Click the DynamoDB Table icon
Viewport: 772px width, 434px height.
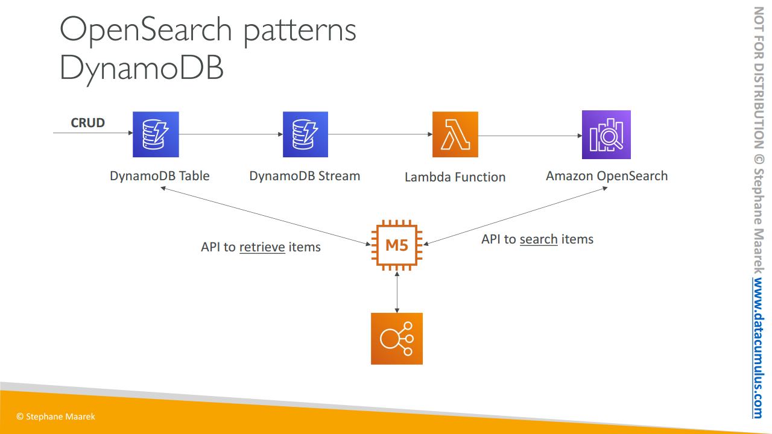coord(156,134)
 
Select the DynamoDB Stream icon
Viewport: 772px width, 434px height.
coord(305,134)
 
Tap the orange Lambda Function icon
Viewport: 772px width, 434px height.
coord(455,134)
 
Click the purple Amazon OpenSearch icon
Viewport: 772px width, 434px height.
coord(606,134)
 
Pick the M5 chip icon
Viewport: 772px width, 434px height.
coord(397,245)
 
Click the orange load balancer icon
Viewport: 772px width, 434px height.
coord(397,339)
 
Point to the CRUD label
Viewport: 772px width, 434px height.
coord(87,122)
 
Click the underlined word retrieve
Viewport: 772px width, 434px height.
coord(262,247)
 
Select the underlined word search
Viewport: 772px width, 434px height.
coord(539,239)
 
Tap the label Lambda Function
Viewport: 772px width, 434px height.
coord(455,177)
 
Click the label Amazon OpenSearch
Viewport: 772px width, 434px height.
coord(607,176)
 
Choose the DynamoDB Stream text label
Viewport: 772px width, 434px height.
coord(305,176)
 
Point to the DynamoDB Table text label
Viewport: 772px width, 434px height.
coord(160,176)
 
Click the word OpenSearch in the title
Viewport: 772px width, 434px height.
coord(146,30)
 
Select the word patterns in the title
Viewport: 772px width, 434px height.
coord(300,32)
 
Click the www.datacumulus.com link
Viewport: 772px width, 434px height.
coord(758,348)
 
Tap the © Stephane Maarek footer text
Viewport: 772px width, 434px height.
coord(55,417)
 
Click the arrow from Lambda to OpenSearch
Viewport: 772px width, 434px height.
coord(530,136)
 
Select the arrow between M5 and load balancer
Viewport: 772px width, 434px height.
coord(397,292)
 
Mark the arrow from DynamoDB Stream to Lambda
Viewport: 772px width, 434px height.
coord(381,134)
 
